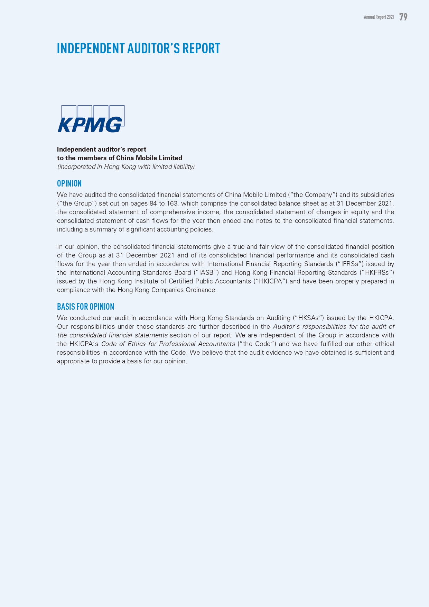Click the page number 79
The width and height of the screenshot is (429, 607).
(403, 17)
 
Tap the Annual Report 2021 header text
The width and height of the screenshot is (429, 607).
(379, 17)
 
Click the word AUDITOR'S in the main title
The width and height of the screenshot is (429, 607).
(153, 48)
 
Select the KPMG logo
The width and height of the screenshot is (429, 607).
(91, 119)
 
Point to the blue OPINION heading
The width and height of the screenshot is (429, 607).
(69, 183)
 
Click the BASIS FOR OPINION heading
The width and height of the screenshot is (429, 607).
(85, 307)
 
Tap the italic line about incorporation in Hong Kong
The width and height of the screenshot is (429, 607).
(126, 167)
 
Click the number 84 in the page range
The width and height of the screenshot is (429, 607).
(153, 203)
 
